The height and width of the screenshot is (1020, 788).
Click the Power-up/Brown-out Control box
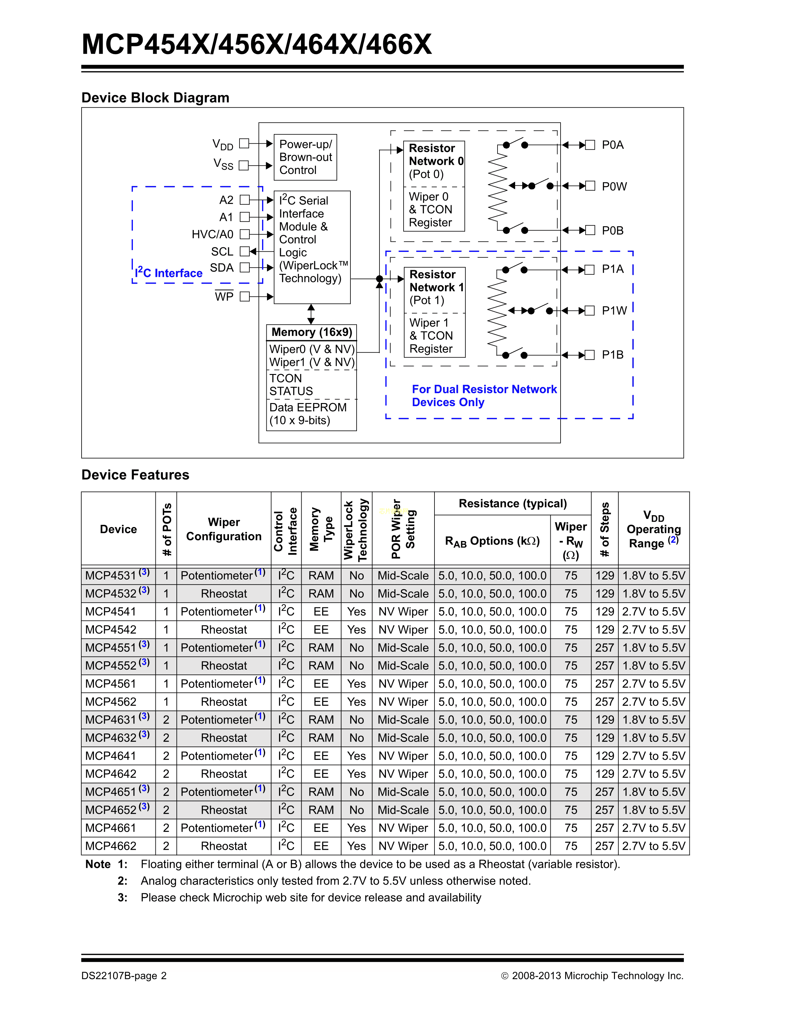point(305,157)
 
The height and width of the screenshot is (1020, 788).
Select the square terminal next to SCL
point(244,251)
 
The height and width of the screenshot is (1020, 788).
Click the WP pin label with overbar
point(224,296)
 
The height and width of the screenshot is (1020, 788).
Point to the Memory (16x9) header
point(311,332)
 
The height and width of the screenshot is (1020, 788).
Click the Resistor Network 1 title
point(436,281)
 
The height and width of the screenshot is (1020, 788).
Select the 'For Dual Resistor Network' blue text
point(484,389)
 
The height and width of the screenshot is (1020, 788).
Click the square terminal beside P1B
point(590,355)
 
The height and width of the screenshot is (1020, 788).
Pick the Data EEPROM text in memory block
point(308,407)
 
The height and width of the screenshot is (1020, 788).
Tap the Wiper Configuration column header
point(224,529)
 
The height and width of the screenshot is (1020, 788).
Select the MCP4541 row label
point(111,611)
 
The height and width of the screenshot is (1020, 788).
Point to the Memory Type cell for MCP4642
point(321,774)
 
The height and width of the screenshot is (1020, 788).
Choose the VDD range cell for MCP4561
point(654,684)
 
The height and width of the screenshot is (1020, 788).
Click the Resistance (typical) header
point(513,504)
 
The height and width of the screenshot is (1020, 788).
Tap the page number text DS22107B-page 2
point(124,975)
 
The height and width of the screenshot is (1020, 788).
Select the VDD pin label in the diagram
point(223,144)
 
